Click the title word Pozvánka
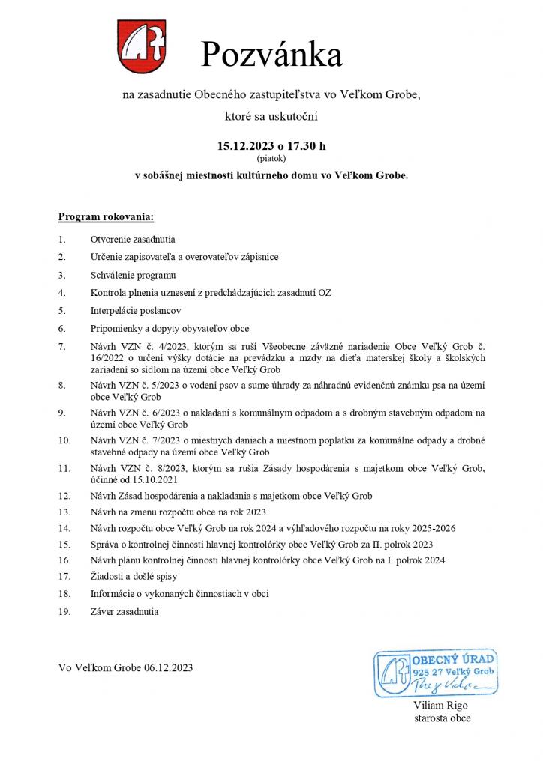(271, 55)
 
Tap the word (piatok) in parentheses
(271, 159)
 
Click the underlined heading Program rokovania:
(106, 217)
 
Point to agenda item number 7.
(61, 346)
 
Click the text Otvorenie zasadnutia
(133, 239)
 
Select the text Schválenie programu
(133, 275)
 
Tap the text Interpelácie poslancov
(135, 310)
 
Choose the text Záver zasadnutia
(124, 611)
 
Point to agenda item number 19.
(64, 611)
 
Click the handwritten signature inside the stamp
(449, 685)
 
